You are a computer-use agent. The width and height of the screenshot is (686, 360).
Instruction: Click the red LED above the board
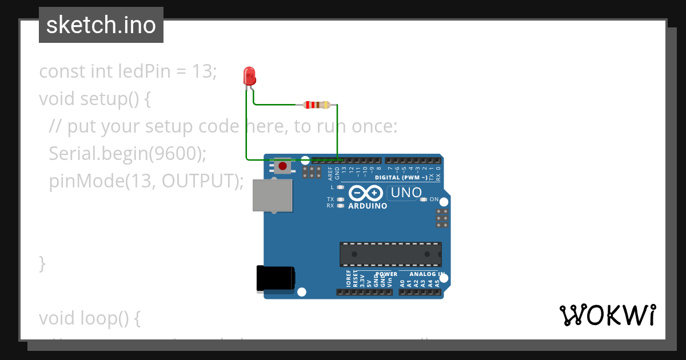coord(249,76)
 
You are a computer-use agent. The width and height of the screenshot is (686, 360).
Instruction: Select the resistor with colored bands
coord(316,105)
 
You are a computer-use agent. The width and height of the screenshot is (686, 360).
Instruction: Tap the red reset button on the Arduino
coord(282,166)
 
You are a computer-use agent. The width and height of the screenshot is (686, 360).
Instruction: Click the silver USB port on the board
coord(272,195)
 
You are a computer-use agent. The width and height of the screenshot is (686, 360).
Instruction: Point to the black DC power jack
coord(275,278)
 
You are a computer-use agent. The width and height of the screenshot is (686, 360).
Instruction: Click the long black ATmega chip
coord(390,254)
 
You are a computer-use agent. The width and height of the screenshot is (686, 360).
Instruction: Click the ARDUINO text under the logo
coord(368,206)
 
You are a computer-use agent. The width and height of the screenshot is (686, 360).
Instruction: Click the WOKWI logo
coord(607,315)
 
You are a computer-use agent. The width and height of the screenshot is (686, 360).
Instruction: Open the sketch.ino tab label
coord(101,25)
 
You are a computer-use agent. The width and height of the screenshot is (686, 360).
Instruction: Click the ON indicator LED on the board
coord(424,199)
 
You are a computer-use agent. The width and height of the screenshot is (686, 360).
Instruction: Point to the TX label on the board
coord(330,199)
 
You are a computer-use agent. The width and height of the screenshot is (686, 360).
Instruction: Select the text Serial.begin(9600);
coord(127,153)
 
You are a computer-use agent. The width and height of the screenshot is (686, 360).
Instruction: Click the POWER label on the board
coord(386,274)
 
